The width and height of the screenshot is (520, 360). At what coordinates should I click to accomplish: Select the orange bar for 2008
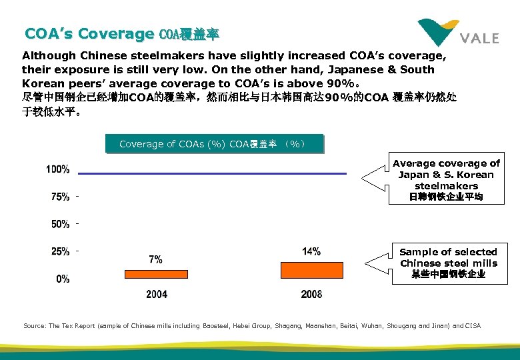311,269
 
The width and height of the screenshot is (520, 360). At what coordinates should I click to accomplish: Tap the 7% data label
155,259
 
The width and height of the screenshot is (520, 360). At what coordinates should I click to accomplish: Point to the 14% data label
311,251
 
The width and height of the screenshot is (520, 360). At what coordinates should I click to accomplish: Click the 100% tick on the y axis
58,169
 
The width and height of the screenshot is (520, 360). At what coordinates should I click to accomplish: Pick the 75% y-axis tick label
61,197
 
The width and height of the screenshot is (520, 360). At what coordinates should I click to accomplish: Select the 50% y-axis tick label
61,224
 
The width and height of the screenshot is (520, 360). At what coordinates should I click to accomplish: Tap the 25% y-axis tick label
61,251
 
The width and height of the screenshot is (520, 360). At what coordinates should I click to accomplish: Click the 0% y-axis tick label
63,279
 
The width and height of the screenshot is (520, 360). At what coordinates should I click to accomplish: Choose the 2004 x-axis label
157,294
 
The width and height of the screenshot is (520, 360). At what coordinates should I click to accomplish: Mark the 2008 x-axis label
312,294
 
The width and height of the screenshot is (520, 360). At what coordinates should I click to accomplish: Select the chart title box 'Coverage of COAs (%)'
214,144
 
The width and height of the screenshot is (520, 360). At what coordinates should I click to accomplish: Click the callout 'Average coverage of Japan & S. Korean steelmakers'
446,180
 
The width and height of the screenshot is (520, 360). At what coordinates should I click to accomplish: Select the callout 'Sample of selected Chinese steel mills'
448,263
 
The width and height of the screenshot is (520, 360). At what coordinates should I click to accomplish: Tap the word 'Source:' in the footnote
35,325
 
